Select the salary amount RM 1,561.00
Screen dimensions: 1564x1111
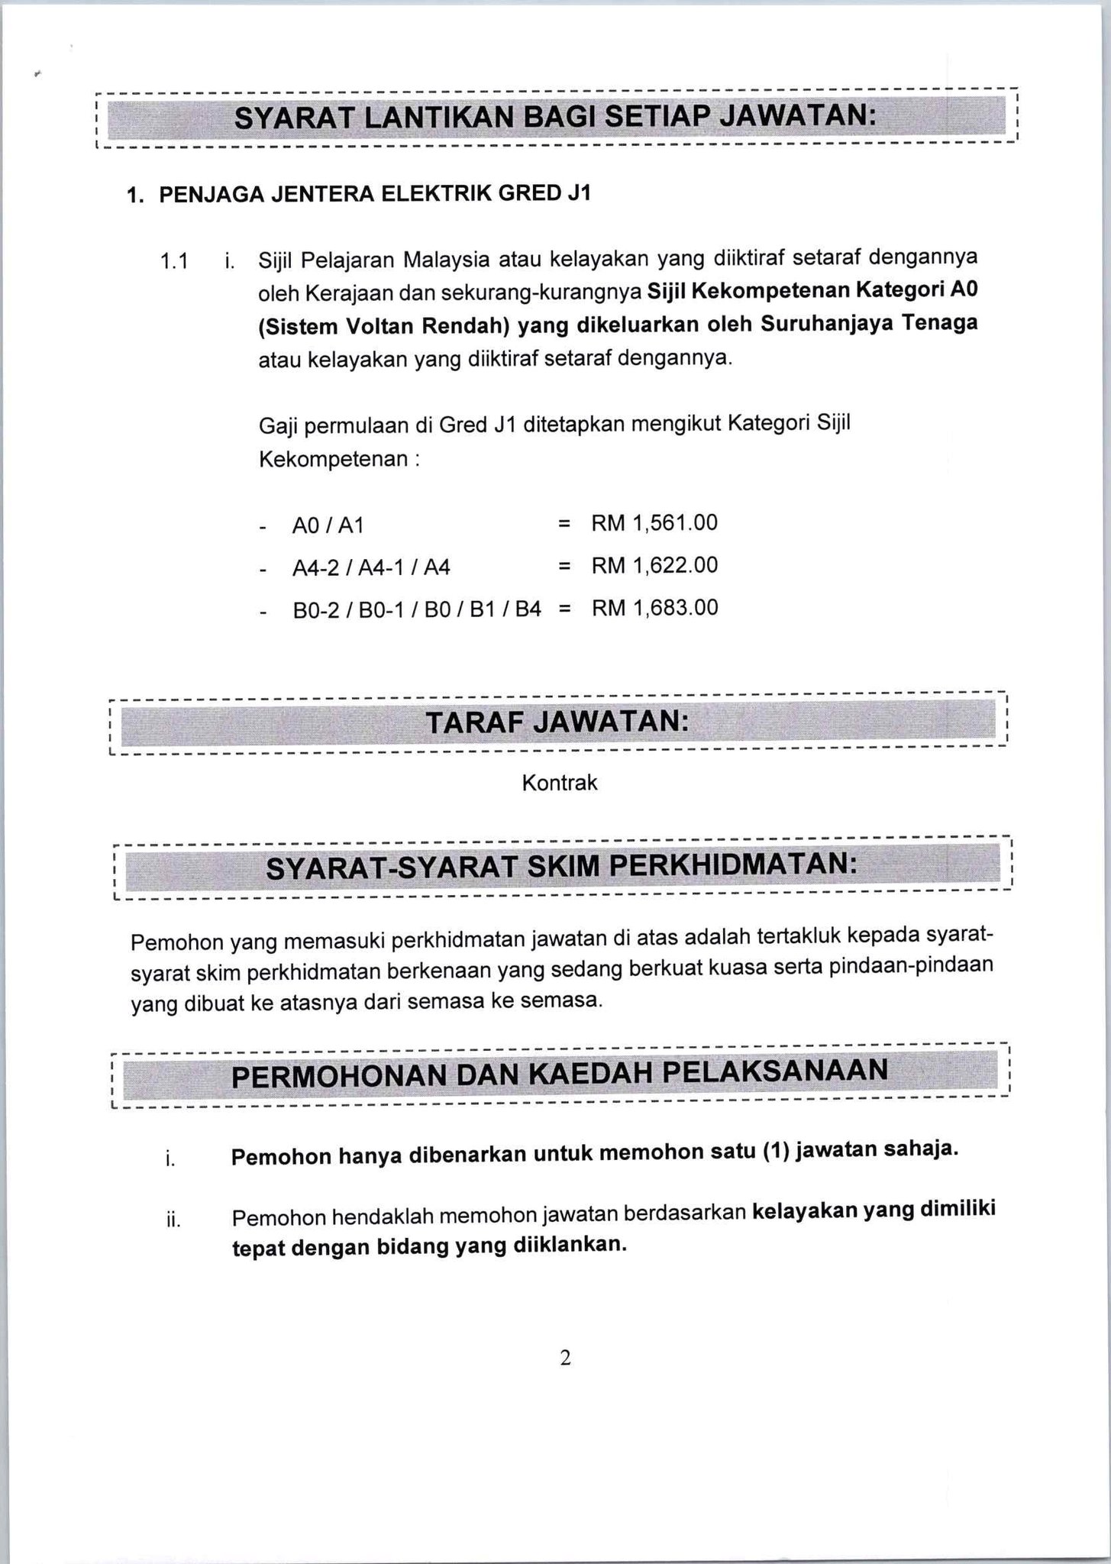click(654, 523)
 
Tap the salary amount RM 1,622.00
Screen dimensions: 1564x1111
click(654, 565)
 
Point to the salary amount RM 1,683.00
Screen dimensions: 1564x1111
click(654, 608)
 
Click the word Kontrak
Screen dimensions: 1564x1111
click(560, 783)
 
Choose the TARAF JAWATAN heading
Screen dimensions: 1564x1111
click(557, 722)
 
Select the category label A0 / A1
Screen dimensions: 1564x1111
click(328, 526)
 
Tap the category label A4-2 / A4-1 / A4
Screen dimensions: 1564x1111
click(371, 568)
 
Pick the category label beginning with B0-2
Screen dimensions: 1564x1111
click(417, 610)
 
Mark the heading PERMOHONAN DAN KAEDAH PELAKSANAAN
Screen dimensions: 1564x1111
click(560, 1073)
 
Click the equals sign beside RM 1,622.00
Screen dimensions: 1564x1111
click(564, 566)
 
